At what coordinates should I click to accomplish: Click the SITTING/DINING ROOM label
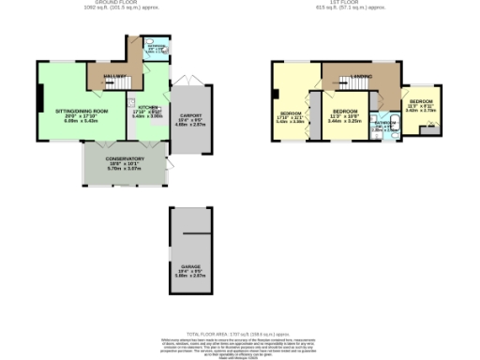click(81, 112)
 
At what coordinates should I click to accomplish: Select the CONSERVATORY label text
click(126, 159)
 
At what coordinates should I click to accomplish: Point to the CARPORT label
click(191, 115)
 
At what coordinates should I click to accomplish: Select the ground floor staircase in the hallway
click(120, 85)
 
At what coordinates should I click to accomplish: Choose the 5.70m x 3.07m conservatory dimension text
click(126, 170)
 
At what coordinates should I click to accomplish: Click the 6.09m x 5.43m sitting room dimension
click(81, 122)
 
